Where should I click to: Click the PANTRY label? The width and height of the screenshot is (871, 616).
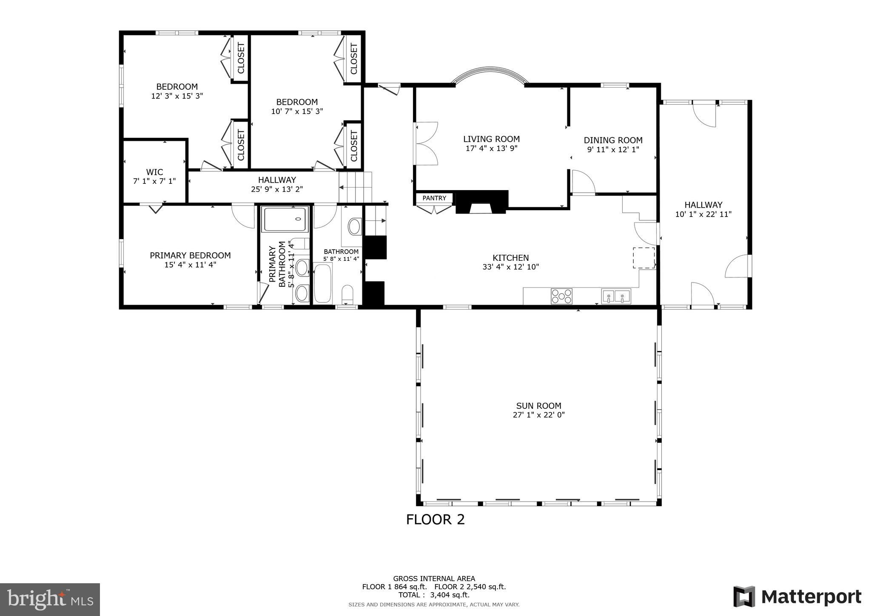pos(434,198)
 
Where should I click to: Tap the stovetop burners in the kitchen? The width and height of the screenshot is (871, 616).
pos(561,296)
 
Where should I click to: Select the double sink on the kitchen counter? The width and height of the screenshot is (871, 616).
pos(616,296)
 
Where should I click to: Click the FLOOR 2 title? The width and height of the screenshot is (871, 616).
pos(435,519)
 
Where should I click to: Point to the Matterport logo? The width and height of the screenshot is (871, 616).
pos(797,597)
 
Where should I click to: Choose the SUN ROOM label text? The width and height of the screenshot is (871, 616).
pos(538,406)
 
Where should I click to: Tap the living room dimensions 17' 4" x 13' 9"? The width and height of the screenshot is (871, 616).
pos(492,148)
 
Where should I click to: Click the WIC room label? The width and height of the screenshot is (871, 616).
pos(154,172)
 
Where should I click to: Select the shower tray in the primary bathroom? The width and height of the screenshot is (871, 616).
pos(285,219)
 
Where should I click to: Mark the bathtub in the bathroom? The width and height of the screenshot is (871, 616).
pos(323,283)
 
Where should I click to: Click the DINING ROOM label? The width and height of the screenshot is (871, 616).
pos(613,140)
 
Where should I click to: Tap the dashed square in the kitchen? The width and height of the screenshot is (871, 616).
pos(644,258)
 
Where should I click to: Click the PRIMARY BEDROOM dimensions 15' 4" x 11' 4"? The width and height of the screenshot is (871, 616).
pos(190,265)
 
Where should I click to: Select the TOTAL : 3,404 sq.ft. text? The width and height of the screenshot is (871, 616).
pos(434,595)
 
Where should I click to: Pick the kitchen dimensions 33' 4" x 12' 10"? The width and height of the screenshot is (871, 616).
pos(511,267)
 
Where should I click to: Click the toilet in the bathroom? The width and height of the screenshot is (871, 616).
pos(347,294)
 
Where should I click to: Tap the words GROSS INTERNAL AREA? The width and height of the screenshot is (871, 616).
pos(434,579)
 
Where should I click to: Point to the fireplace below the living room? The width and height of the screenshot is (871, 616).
pos(482,202)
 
